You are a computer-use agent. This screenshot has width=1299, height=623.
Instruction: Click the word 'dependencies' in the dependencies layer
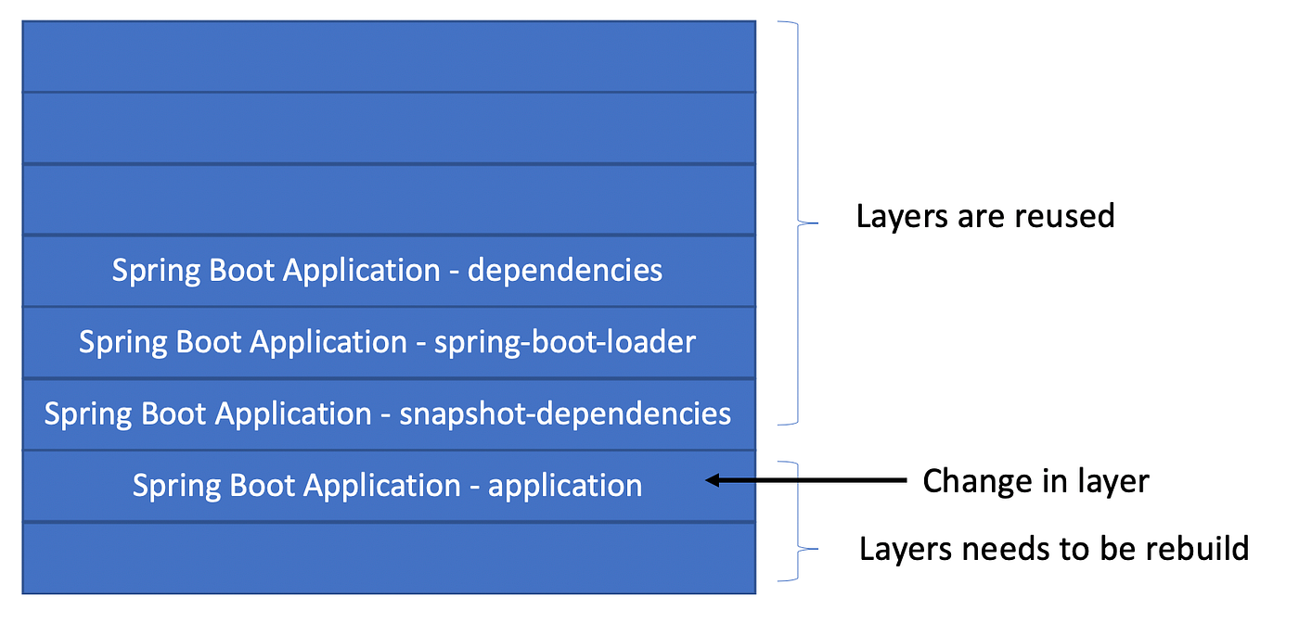[x=564, y=271]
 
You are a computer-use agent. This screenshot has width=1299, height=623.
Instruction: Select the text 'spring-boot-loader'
[x=565, y=342]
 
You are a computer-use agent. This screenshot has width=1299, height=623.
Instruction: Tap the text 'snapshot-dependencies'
[x=565, y=413]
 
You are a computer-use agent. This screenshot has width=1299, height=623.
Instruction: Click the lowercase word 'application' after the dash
[x=565, y=486]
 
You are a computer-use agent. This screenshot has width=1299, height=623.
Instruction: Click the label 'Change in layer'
[x=1035, y=481]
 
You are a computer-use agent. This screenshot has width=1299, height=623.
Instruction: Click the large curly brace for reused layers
[x=804, y=222]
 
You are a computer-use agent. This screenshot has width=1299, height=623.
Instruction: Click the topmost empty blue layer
[x=389, y=57]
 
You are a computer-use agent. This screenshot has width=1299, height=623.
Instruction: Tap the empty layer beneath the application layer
[x=389, y=557]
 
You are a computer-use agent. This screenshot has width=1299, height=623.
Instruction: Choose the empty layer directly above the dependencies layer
[x=389, y=199]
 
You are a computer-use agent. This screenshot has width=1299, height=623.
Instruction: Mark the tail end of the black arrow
[x=905, y=480]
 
